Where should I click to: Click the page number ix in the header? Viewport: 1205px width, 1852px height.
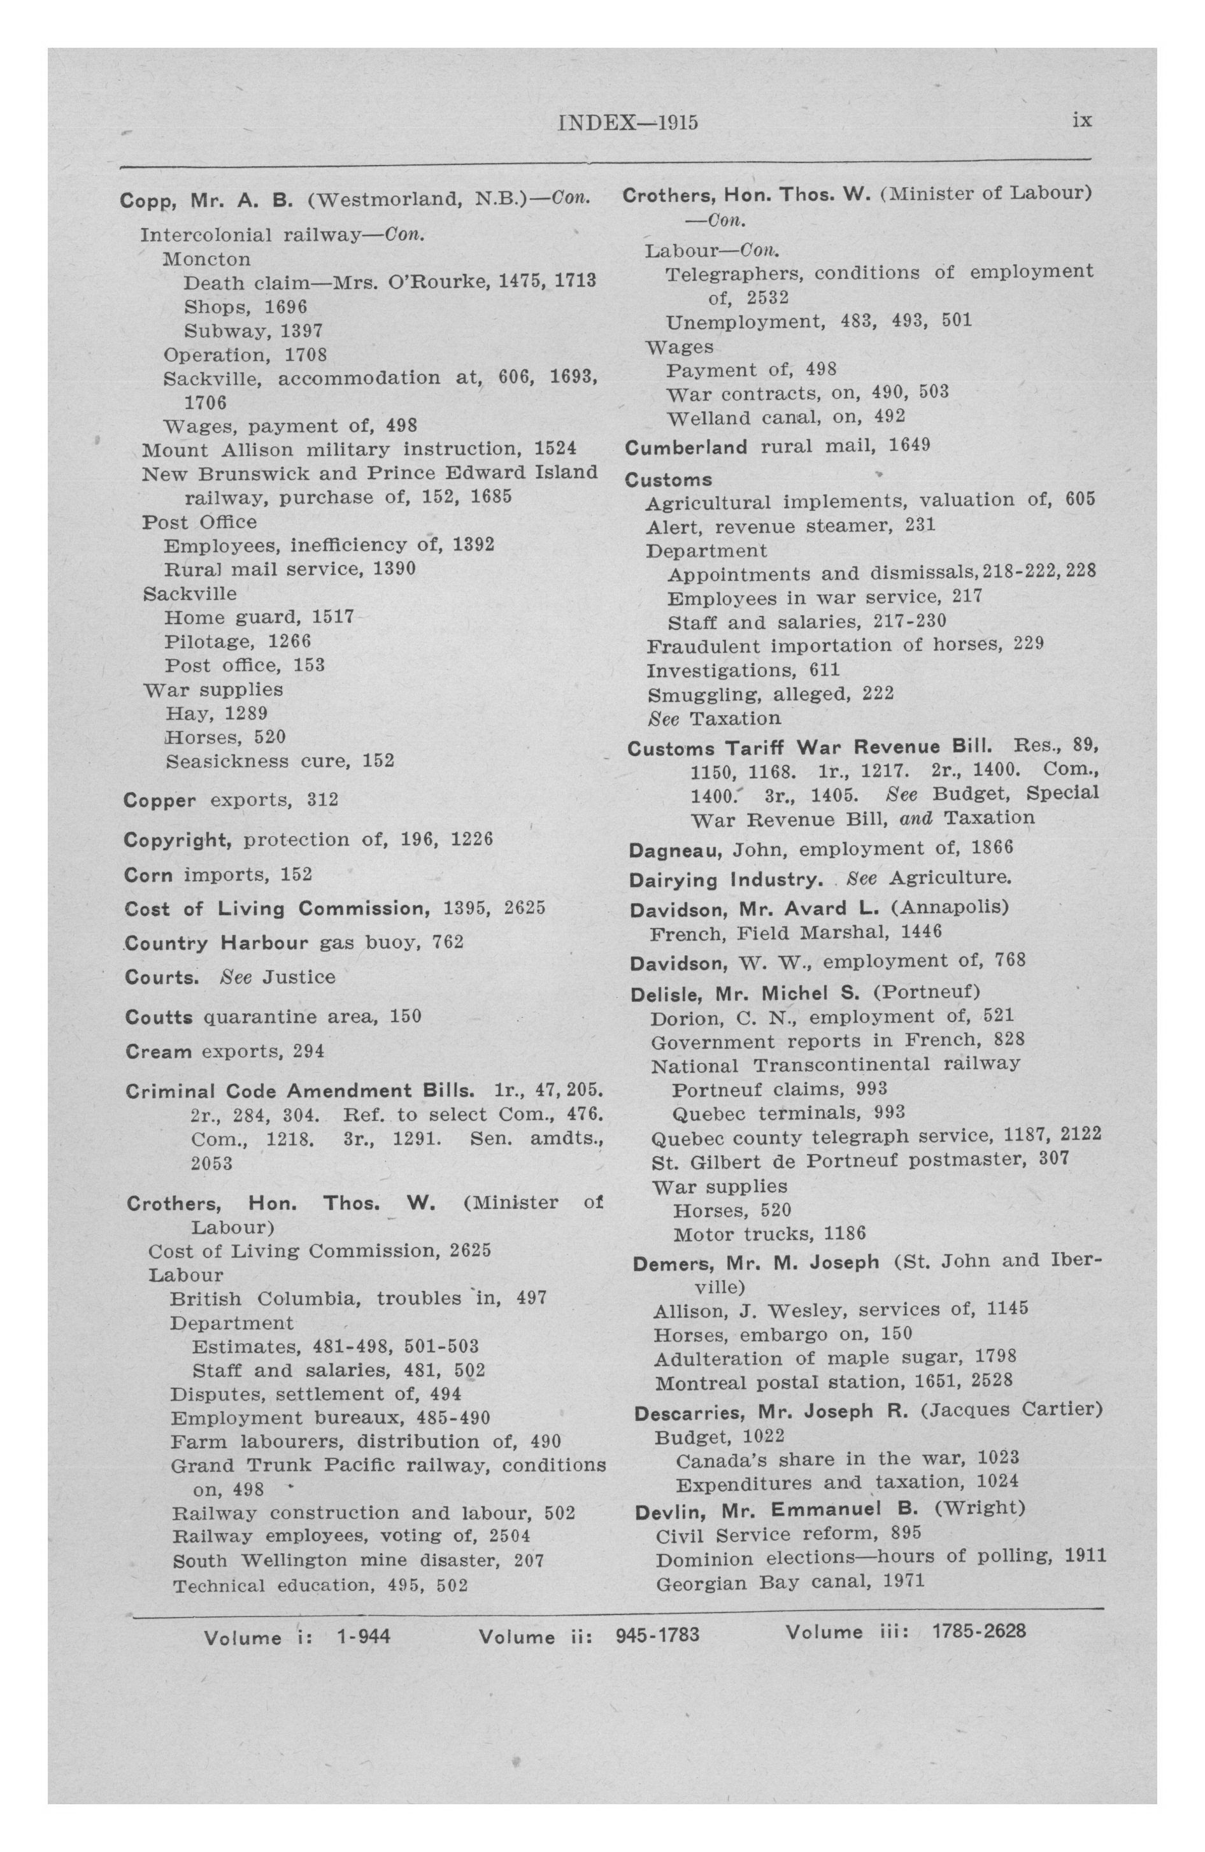1082,120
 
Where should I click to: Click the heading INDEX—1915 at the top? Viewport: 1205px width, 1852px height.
627,123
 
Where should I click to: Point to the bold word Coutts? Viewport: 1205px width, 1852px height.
158,1017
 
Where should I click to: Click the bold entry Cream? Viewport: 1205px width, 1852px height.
158,1052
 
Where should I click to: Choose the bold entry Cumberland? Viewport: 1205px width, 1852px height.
686,448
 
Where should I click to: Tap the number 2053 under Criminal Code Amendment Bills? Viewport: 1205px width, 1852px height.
211,1164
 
